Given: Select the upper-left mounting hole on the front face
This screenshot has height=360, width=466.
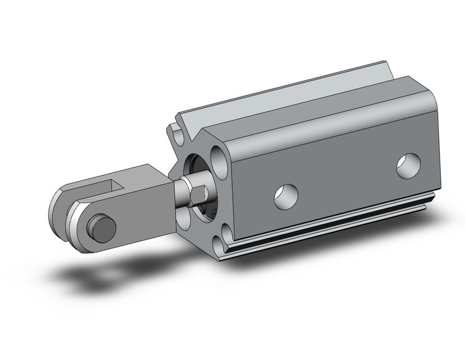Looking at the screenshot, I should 175,131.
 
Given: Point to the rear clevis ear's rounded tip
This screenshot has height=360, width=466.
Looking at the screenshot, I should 59,205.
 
